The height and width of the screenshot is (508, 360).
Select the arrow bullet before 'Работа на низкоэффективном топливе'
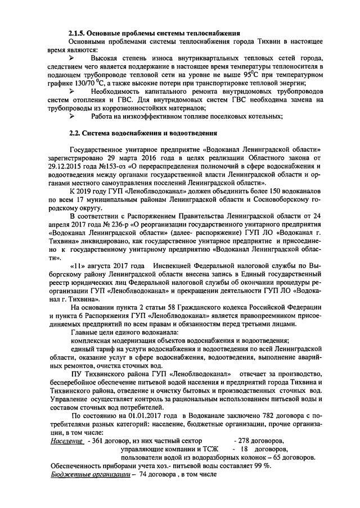click(71, 116)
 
